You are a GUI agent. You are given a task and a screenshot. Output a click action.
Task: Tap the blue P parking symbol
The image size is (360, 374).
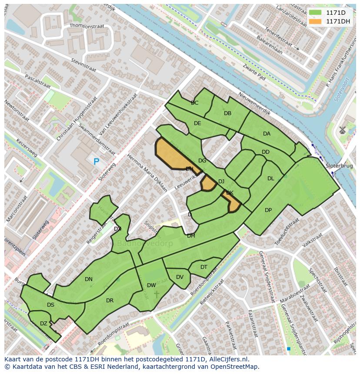click(97, 162)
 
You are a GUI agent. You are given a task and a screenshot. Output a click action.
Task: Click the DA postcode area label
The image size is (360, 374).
click(267, 134)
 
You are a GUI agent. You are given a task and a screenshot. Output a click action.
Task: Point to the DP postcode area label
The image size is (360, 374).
click(268, 210)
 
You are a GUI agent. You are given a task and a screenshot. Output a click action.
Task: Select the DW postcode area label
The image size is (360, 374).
click(151, 285)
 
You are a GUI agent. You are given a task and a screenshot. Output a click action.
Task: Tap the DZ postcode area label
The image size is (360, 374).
click(43, 323)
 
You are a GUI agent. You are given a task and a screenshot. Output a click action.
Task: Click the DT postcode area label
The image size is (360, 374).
click(204, 267)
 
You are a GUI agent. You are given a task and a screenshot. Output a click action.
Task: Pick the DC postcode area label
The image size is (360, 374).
click(195, 103)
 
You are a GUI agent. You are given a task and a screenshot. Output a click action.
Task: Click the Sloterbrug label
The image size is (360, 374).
click(339, 166)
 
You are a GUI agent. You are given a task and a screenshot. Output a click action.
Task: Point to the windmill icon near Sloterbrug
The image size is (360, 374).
click(342, 129)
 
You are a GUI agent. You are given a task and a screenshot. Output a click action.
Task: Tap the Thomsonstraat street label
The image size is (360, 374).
click(87, 26)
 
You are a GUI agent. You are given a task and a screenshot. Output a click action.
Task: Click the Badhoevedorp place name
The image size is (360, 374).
click(145, 243)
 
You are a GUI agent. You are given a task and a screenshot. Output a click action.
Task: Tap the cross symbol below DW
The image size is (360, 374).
click(157, 295)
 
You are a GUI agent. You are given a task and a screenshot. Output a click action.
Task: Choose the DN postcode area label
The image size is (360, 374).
click(89, 279)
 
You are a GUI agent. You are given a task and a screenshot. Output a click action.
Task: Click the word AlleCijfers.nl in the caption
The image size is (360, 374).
click(227, 359)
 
